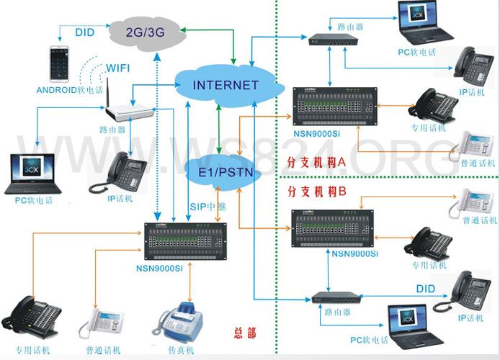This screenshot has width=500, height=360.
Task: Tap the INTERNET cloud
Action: [225, 85]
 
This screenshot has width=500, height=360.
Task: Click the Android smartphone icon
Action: [58, 64]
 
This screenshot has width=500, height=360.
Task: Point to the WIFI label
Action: [118, 68]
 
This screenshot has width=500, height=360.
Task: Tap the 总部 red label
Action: [245, 333]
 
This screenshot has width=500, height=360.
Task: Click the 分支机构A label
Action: [317, 163]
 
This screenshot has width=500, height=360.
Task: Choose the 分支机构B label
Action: [317, 192]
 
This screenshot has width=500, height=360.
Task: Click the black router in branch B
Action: [336, 297]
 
